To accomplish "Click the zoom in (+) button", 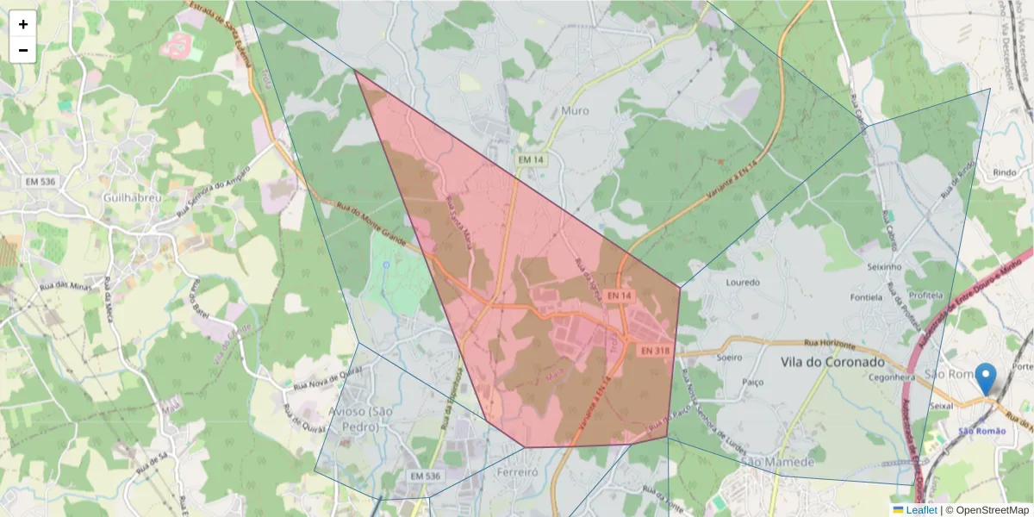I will (x=23, y=24).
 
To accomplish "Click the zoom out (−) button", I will (x=23, y=50).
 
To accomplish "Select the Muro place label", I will (x=575, y=110).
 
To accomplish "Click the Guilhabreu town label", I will (x=132, y=197).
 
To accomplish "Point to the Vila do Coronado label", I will (x=832, y=363).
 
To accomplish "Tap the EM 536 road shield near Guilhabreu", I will (x=41, y=181).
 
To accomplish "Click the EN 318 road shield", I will (x=655, y=351).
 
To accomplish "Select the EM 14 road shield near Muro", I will (x=530, y=160).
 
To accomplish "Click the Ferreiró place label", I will (x=517, y=472).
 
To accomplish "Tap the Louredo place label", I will (x=743, y=283).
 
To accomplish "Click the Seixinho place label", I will (x=885, y=268).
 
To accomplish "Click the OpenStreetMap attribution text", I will (x=987, y=510).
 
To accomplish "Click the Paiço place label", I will (x=753, y=379).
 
